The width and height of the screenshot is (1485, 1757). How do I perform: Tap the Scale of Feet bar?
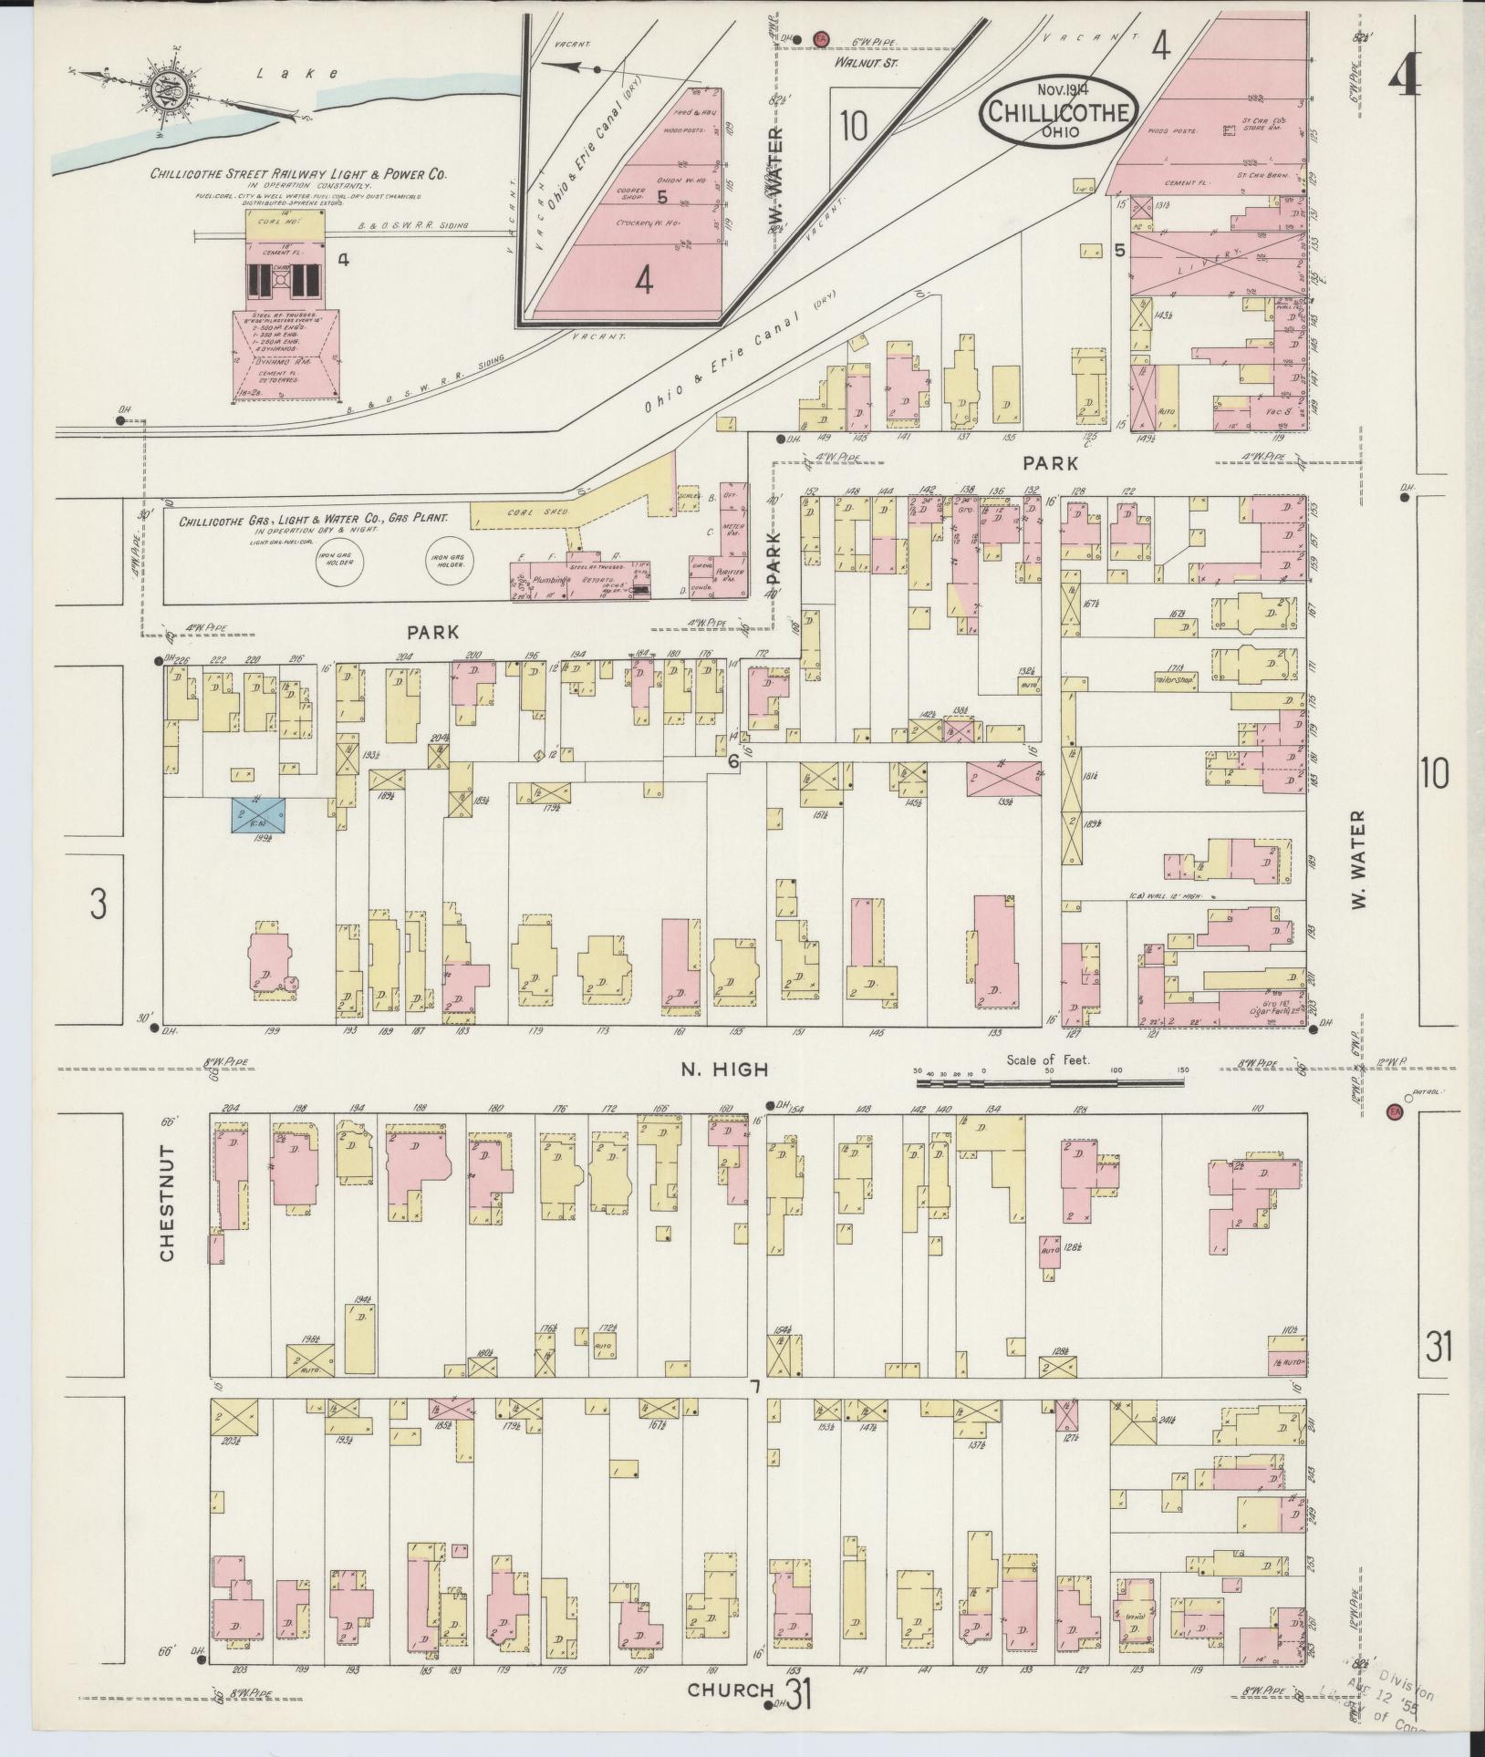point(1050,1081)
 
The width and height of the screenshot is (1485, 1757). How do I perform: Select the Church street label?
point(731,1689)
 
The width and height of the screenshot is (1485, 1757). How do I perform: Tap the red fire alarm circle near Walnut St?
point(820,38)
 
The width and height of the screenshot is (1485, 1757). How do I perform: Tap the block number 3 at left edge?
point(98,903)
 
